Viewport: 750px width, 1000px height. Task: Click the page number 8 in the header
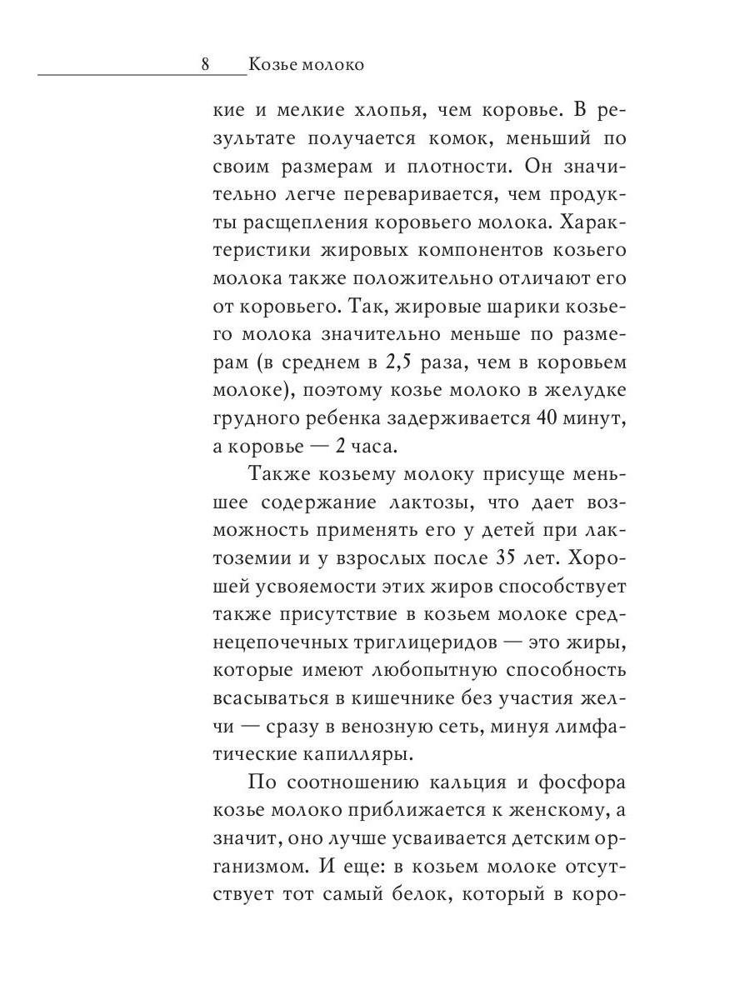206,64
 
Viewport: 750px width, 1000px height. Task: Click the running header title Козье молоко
306,64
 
